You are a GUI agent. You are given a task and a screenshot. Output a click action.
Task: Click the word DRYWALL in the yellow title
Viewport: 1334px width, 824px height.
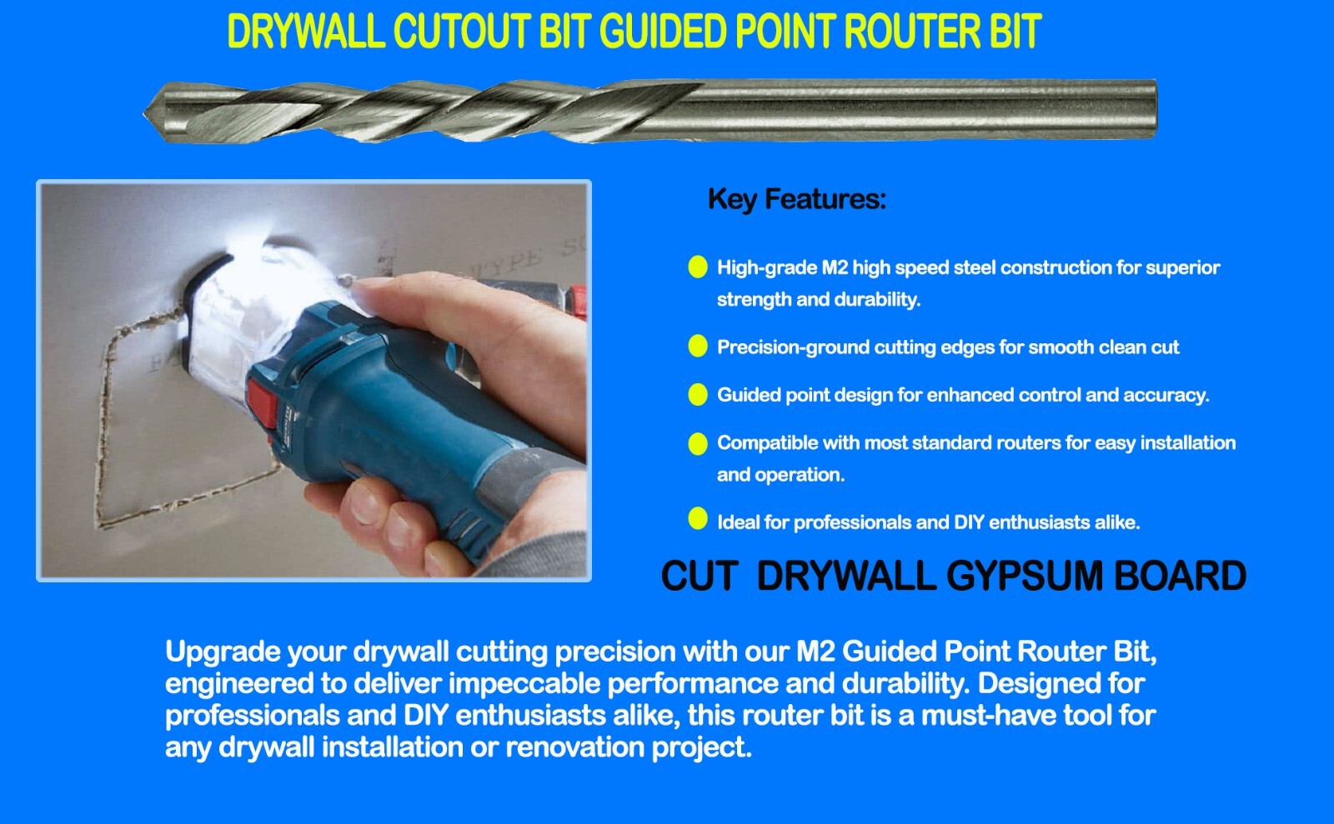coord(304,32)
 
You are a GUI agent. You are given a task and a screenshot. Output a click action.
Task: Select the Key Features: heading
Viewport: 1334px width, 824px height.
coord(796,199)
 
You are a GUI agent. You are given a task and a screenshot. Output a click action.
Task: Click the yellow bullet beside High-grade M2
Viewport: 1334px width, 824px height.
coord(698,267)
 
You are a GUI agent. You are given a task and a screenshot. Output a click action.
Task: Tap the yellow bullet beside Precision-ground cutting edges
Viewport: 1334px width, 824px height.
coord(698,347)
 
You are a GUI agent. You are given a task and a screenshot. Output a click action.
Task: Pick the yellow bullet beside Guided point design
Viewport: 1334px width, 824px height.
coord(698,394)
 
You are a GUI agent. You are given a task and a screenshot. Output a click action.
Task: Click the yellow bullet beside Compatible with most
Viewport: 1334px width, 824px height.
coord(698,442)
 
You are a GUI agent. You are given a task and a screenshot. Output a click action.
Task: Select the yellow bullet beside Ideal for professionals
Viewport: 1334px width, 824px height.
coord(698,519)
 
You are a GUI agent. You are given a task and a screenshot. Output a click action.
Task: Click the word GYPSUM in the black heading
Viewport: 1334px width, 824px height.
coord(1026,577)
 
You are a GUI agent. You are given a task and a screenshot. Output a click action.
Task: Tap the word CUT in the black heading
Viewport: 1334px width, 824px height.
coord(699,577)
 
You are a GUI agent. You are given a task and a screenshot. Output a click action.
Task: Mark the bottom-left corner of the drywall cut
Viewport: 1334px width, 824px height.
coord(100,525)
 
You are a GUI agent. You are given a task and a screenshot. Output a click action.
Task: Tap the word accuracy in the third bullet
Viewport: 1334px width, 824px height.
coord(1164,395)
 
